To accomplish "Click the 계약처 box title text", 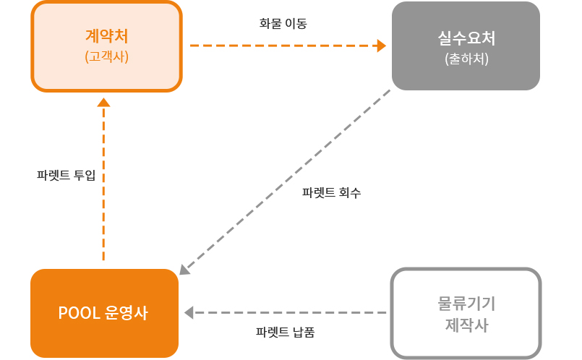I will (x=106, y=36).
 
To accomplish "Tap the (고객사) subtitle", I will (x=106, y=56).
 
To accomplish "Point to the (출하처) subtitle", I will (x=466, y=58).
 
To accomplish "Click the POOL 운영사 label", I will (x=103, y=313).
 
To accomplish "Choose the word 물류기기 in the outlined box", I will (x=466, y=303).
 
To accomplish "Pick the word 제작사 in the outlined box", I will (x=466, y=325).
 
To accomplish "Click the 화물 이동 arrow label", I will (x=283, y=23).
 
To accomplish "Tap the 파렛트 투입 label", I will (x=66, y=175).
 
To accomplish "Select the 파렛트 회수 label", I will (x=331, y=193).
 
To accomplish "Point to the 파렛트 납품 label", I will (x=285, y=333).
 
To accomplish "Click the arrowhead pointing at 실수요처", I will (x=381, y=46).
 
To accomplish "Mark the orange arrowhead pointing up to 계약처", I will (x=103, y=103).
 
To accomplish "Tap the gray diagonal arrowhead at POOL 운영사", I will (x=184, y=270).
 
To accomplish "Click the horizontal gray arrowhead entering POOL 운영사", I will (x=189, y=313).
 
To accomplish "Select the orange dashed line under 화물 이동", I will (x=282, y=46).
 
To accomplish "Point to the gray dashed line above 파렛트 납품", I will (x=289, y=313).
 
